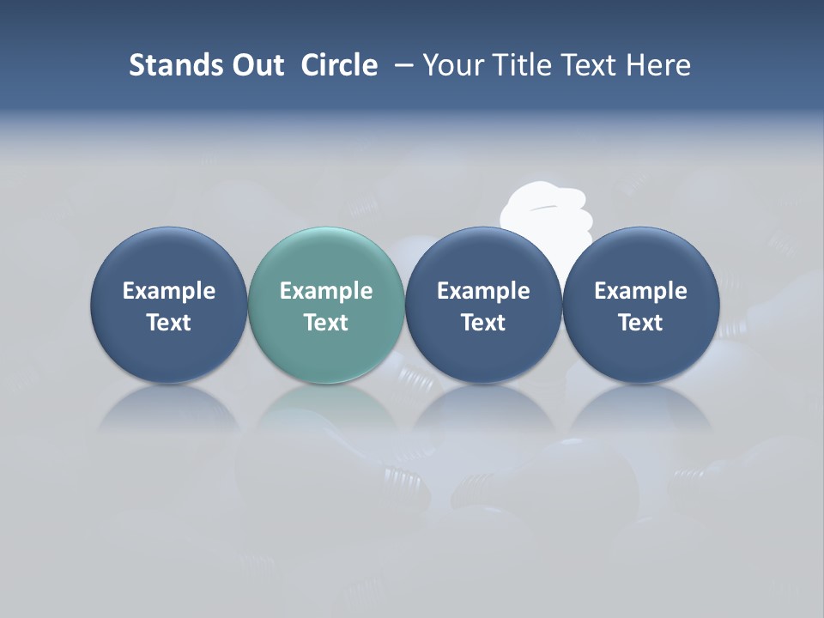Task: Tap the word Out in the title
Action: coord(256,65)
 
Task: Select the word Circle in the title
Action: coord(339,65)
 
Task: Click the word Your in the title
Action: coord(450,65)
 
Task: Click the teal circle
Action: coord(326,305)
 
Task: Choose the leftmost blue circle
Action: coord(168,305)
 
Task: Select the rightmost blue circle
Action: coord(640,305)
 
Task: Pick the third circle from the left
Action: coord(483,305)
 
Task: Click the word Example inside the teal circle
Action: coord(326,291)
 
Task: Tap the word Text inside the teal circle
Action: coord(326,323)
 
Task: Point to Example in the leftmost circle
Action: coord(168,291)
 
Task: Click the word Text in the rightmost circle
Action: coord(640,323)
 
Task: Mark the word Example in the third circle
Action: coord(483,291)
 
